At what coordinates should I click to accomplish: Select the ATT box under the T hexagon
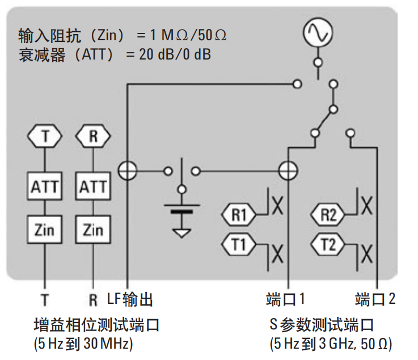[44, 186]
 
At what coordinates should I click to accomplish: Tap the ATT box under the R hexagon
[92, 186]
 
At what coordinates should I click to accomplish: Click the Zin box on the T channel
[44, 230]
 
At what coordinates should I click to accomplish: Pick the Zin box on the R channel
[92, 230]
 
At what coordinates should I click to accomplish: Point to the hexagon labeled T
[44, 136]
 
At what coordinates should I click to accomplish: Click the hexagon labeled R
[92, 136]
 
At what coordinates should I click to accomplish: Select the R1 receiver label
[239, 215]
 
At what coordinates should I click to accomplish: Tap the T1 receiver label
[239, 245]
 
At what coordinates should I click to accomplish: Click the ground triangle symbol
[181, 231]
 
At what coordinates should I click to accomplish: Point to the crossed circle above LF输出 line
[127, 170]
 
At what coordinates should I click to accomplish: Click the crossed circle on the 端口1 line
[289, 170]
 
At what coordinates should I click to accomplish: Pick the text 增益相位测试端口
[96, 325]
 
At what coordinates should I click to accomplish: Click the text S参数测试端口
[322, 325]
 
